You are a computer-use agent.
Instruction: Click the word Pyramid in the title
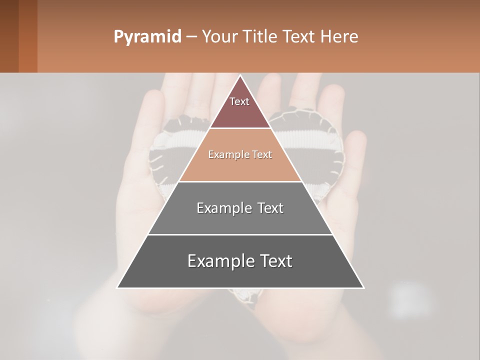click(147, 37)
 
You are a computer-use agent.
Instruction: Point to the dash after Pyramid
click(191, 37)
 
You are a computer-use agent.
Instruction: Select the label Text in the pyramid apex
click(239, 101)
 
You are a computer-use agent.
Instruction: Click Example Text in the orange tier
click(240, 155)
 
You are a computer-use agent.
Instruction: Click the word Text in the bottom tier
click(274, 261)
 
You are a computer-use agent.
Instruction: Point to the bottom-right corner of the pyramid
click(363, 287)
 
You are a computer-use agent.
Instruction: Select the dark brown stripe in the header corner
click(9, 36)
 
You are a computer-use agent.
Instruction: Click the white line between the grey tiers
click(240, 234)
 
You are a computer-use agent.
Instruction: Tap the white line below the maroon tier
click(240, 128)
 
